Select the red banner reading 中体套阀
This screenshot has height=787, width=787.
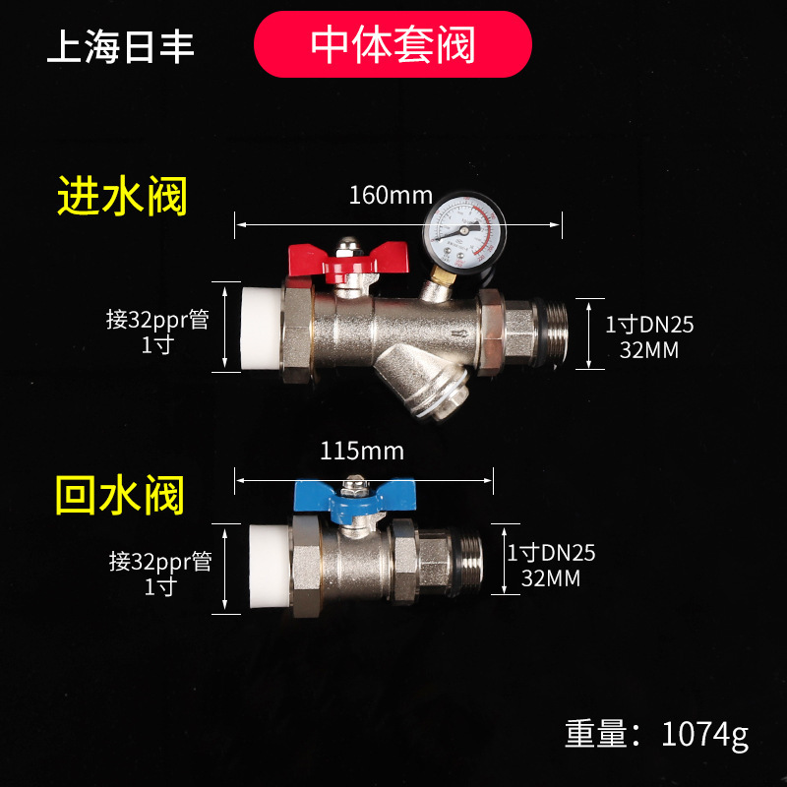pos(393,44)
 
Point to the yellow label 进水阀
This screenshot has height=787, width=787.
pos(121,197)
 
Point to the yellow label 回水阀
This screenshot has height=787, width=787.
pos(119,495)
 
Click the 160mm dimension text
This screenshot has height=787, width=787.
pos(391,195)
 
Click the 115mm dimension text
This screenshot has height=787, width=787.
pos(362,451)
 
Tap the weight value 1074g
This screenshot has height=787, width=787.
pos(705,734)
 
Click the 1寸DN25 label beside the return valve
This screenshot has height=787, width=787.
pos(551,553)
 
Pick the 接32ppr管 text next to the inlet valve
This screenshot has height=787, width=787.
pos(157,320)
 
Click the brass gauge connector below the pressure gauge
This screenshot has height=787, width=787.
pos(435,286)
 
